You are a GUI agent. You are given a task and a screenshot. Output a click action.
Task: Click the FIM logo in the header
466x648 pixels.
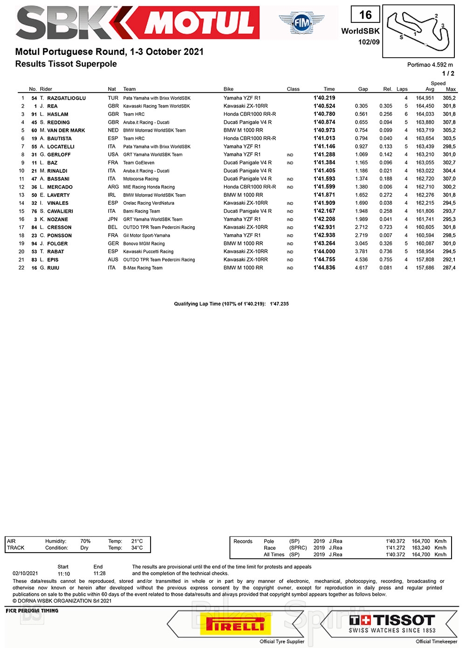(302, 22)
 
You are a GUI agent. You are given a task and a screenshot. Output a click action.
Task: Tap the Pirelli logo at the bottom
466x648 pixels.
(235, 623)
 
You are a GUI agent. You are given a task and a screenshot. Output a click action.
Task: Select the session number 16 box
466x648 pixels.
(365, 15)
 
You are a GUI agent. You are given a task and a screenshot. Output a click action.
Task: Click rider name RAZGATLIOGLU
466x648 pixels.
(66, 98)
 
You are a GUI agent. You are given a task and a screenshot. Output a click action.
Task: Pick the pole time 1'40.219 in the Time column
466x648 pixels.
(324, 98)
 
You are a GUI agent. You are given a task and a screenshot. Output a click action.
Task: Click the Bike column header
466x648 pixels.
(228, 89)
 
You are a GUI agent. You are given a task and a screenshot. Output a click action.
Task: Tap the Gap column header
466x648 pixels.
(363, 89)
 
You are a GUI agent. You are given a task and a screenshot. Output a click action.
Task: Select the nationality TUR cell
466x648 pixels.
(113, 98)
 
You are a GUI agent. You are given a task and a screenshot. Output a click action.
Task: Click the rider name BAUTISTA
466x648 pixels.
(59, 139)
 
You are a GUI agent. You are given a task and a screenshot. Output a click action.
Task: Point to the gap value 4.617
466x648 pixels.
(361, 268)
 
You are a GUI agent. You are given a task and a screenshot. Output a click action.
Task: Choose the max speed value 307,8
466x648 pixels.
(449, 122)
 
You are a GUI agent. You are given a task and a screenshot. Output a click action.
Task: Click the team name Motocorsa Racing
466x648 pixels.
(141, 179)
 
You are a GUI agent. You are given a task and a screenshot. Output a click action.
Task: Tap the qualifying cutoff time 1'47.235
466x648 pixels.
(279, 304)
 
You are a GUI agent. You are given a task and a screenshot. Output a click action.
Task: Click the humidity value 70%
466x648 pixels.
(85, 541)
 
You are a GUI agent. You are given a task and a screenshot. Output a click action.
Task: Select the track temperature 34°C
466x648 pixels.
(137, 548)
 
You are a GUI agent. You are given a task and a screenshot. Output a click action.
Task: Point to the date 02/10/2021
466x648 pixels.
(25, 574)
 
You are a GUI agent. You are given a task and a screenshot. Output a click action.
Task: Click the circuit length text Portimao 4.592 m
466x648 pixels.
(430, 65)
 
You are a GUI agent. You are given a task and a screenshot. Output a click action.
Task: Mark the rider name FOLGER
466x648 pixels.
(57, 243)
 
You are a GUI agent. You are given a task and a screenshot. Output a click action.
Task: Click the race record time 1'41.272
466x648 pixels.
(395, 548)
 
